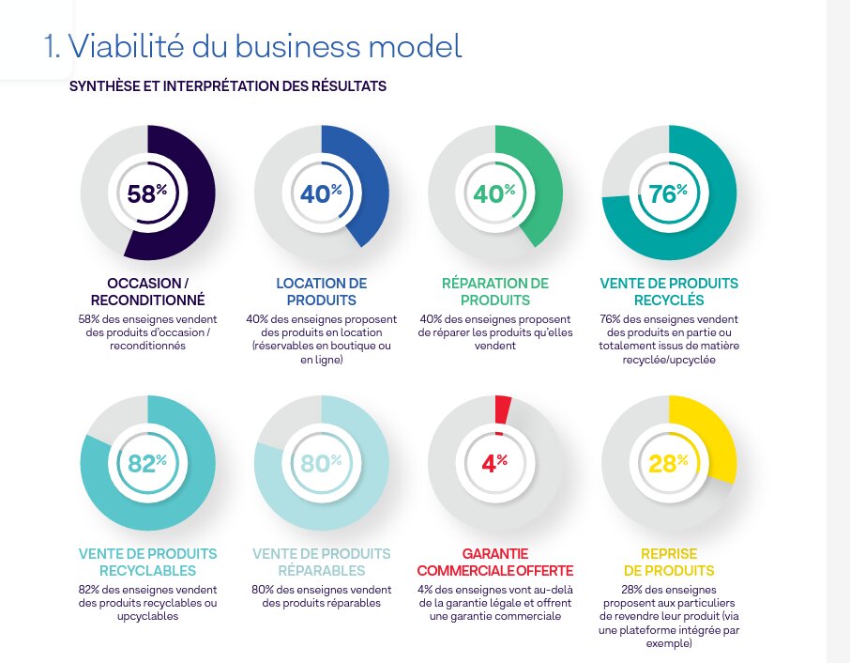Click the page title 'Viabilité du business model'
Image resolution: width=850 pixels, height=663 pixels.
coord(253,45)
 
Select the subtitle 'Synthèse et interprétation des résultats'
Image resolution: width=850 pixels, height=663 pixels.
coord(228,86)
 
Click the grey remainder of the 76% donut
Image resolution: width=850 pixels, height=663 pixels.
coord(629,155)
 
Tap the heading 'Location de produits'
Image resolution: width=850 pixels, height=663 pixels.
coord(321,291)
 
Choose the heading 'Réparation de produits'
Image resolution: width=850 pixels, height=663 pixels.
coord(494,291)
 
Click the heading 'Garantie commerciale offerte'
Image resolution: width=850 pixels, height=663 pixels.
coord(494,562)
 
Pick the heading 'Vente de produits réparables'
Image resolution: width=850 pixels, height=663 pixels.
coord(321,562)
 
